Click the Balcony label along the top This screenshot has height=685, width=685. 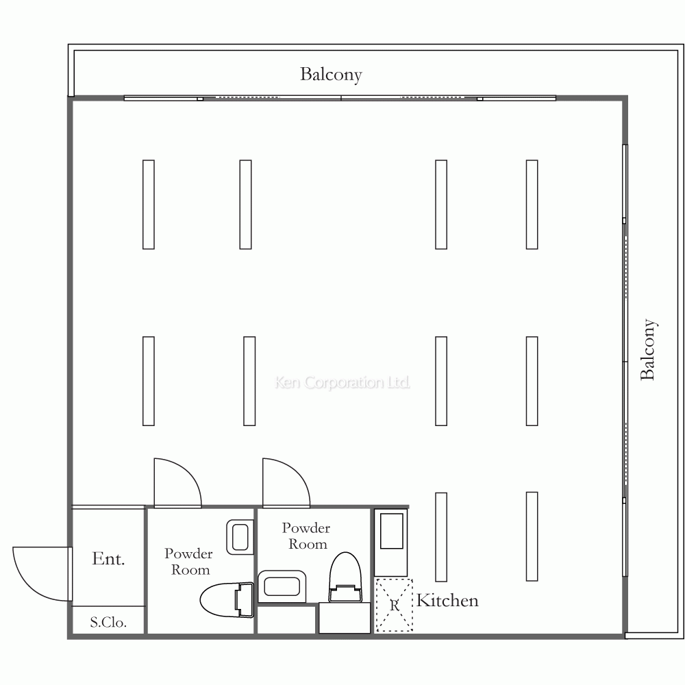click(x=331, y=75)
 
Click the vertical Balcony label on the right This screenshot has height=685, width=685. click(x=648, y=349)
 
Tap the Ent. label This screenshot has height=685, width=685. click(x=108, y=559)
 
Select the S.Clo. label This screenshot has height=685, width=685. click(x=108, y=622)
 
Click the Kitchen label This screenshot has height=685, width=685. click(x=447, y=601)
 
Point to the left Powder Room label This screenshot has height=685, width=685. click(x=189, y=562)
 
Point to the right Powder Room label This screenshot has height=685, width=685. click(x=306, y=536)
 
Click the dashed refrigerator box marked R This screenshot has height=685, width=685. click(x=394, y=605)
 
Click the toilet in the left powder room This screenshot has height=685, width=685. click(x=227, y=600)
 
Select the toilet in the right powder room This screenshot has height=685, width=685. click(x=345, y=577)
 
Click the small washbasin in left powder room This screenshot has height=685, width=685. click(x=240, y=537)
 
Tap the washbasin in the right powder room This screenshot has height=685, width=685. click(x=282, y=586)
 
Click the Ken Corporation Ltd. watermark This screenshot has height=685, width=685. click(x=342, y=383)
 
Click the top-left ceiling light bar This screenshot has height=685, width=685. click(x=149, y=204)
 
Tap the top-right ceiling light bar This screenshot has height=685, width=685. click(x=532, y=204)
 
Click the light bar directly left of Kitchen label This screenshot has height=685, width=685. click(x=441, y=537)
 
